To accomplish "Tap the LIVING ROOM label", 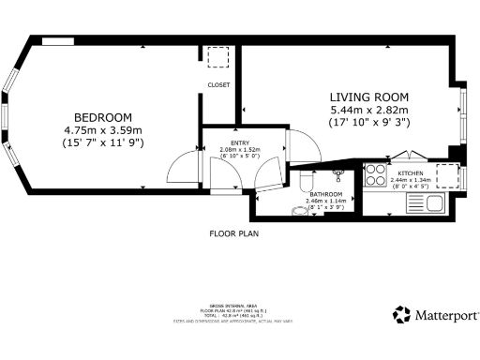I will pos(368,97).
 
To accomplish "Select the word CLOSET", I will pos(218,84).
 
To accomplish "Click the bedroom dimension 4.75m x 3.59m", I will pos(102,129).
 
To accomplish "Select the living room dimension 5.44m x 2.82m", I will pos(368,110).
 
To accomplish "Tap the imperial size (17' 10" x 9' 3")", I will pos(368,123).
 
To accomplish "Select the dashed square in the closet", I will pos(217,58).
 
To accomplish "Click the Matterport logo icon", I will pos(400,314).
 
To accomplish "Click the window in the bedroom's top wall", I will pos(59,41).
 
